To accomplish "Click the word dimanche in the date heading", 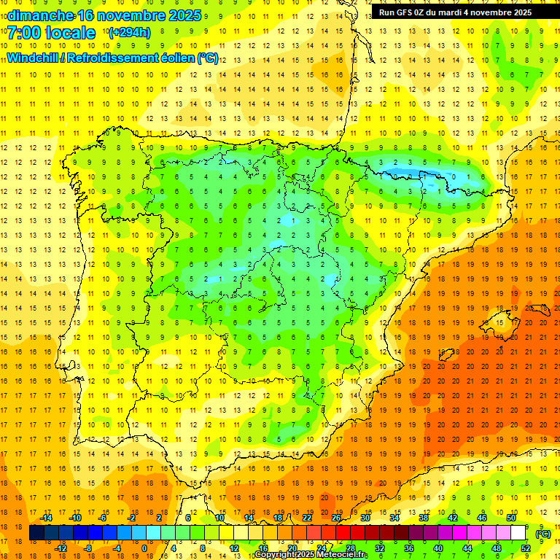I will (x=41, y=15).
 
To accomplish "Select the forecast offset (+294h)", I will (x=129, y=32).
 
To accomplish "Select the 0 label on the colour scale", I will (x=144, y=548).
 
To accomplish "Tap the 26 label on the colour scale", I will (x=336, y=518).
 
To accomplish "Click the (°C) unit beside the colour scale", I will (x=544, y=534).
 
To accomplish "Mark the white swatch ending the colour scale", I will (x=518, y=533).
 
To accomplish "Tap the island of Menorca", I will (x=539, y=309).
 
